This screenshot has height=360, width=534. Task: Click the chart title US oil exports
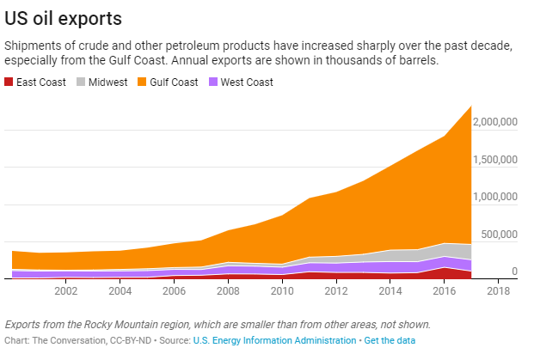(x=64, y=17)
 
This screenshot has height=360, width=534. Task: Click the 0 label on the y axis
(x=514, y=272)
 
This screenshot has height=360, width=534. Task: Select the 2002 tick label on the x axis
(x=66, y=290)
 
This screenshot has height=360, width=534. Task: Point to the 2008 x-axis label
(x=229, y=290)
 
